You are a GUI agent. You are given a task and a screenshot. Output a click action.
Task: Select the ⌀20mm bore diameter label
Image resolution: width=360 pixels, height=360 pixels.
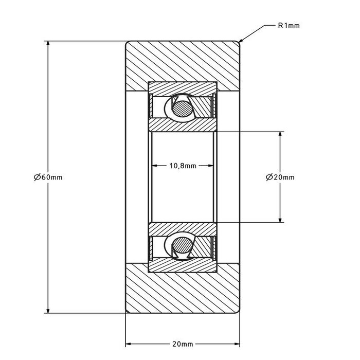pyautogui.click(x=280, y=177)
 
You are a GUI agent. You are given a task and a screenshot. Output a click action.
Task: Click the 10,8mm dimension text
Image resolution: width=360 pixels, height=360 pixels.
pyautogui.click(x=183, y=166)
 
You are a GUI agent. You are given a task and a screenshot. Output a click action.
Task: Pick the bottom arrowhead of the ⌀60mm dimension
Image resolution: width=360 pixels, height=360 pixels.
pyautogui.click(x=48, y=309)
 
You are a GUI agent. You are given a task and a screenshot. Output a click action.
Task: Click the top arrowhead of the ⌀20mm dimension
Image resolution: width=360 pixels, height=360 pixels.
pyautogui.click(x=280, y=135)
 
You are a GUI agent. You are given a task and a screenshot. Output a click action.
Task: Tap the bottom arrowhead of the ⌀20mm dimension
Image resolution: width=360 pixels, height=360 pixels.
pyautogui.click(x=280, y=219)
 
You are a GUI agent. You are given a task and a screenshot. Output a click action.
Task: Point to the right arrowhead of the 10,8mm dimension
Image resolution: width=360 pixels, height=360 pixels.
pyautogui.click(x=212, y=166)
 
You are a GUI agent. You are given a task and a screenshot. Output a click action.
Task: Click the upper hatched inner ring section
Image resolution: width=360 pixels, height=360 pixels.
pyautogui.click(x=183, y=125)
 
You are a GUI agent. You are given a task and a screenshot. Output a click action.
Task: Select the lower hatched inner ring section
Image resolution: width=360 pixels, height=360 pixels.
pyautogui.click(x=183, y=229)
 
